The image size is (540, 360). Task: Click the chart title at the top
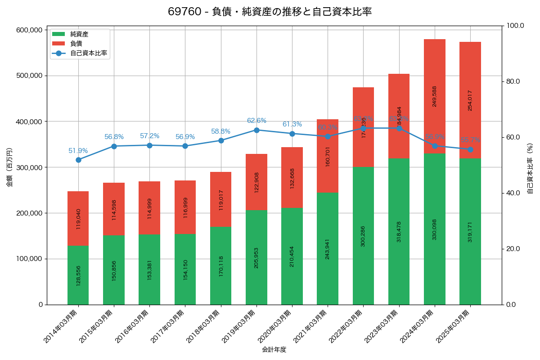pos(270,12)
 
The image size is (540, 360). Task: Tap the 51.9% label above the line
pos(78,151)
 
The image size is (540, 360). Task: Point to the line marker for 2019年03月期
pos(256,130)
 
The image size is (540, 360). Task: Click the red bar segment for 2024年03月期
pos(435,96)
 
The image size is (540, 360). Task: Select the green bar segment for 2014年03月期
pos(78,275)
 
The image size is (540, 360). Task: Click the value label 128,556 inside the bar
pos(78,275)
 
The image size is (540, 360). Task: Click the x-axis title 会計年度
pos(274,349)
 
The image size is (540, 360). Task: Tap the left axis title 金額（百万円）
pos(9,167)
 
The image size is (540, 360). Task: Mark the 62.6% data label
pos(256,121)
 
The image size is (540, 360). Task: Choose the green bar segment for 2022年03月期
pos(363,236)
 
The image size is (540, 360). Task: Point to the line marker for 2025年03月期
pos(470,149)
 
